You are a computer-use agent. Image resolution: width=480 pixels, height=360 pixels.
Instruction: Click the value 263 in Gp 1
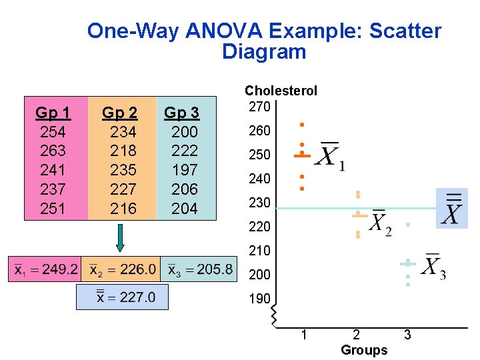click(x=53, y=151)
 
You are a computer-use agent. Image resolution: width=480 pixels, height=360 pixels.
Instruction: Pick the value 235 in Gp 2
click(x=123, y=170)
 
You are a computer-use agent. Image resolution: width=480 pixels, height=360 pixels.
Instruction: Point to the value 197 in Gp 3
click(x=185, y=170)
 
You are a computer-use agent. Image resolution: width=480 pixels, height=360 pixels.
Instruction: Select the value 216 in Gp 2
click(x=123, y=209)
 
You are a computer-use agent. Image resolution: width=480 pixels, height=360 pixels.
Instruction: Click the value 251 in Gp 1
click(x=53, y=209)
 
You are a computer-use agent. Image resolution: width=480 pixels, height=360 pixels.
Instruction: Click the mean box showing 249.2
click(x=44, y=270)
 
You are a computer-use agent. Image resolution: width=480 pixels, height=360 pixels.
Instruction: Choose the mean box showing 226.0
click(x=121, y=270)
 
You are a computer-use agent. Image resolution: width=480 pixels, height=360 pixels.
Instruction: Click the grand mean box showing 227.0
click(x=122, y=297)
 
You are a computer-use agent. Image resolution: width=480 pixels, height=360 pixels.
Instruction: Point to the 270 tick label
click(x=259, y=107)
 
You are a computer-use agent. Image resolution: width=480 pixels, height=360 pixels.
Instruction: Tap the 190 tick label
click(x=259, y=299)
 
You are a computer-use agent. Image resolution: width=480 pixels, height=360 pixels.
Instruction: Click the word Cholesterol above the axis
click(x=281, y=91)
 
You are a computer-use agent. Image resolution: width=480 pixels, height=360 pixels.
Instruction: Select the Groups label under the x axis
click(x=363, y=350)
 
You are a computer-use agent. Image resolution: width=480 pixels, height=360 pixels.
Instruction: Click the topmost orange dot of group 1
click(x=301, y=125)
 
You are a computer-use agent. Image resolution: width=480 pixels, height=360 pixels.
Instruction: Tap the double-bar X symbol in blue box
click(x=452, y=209)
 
